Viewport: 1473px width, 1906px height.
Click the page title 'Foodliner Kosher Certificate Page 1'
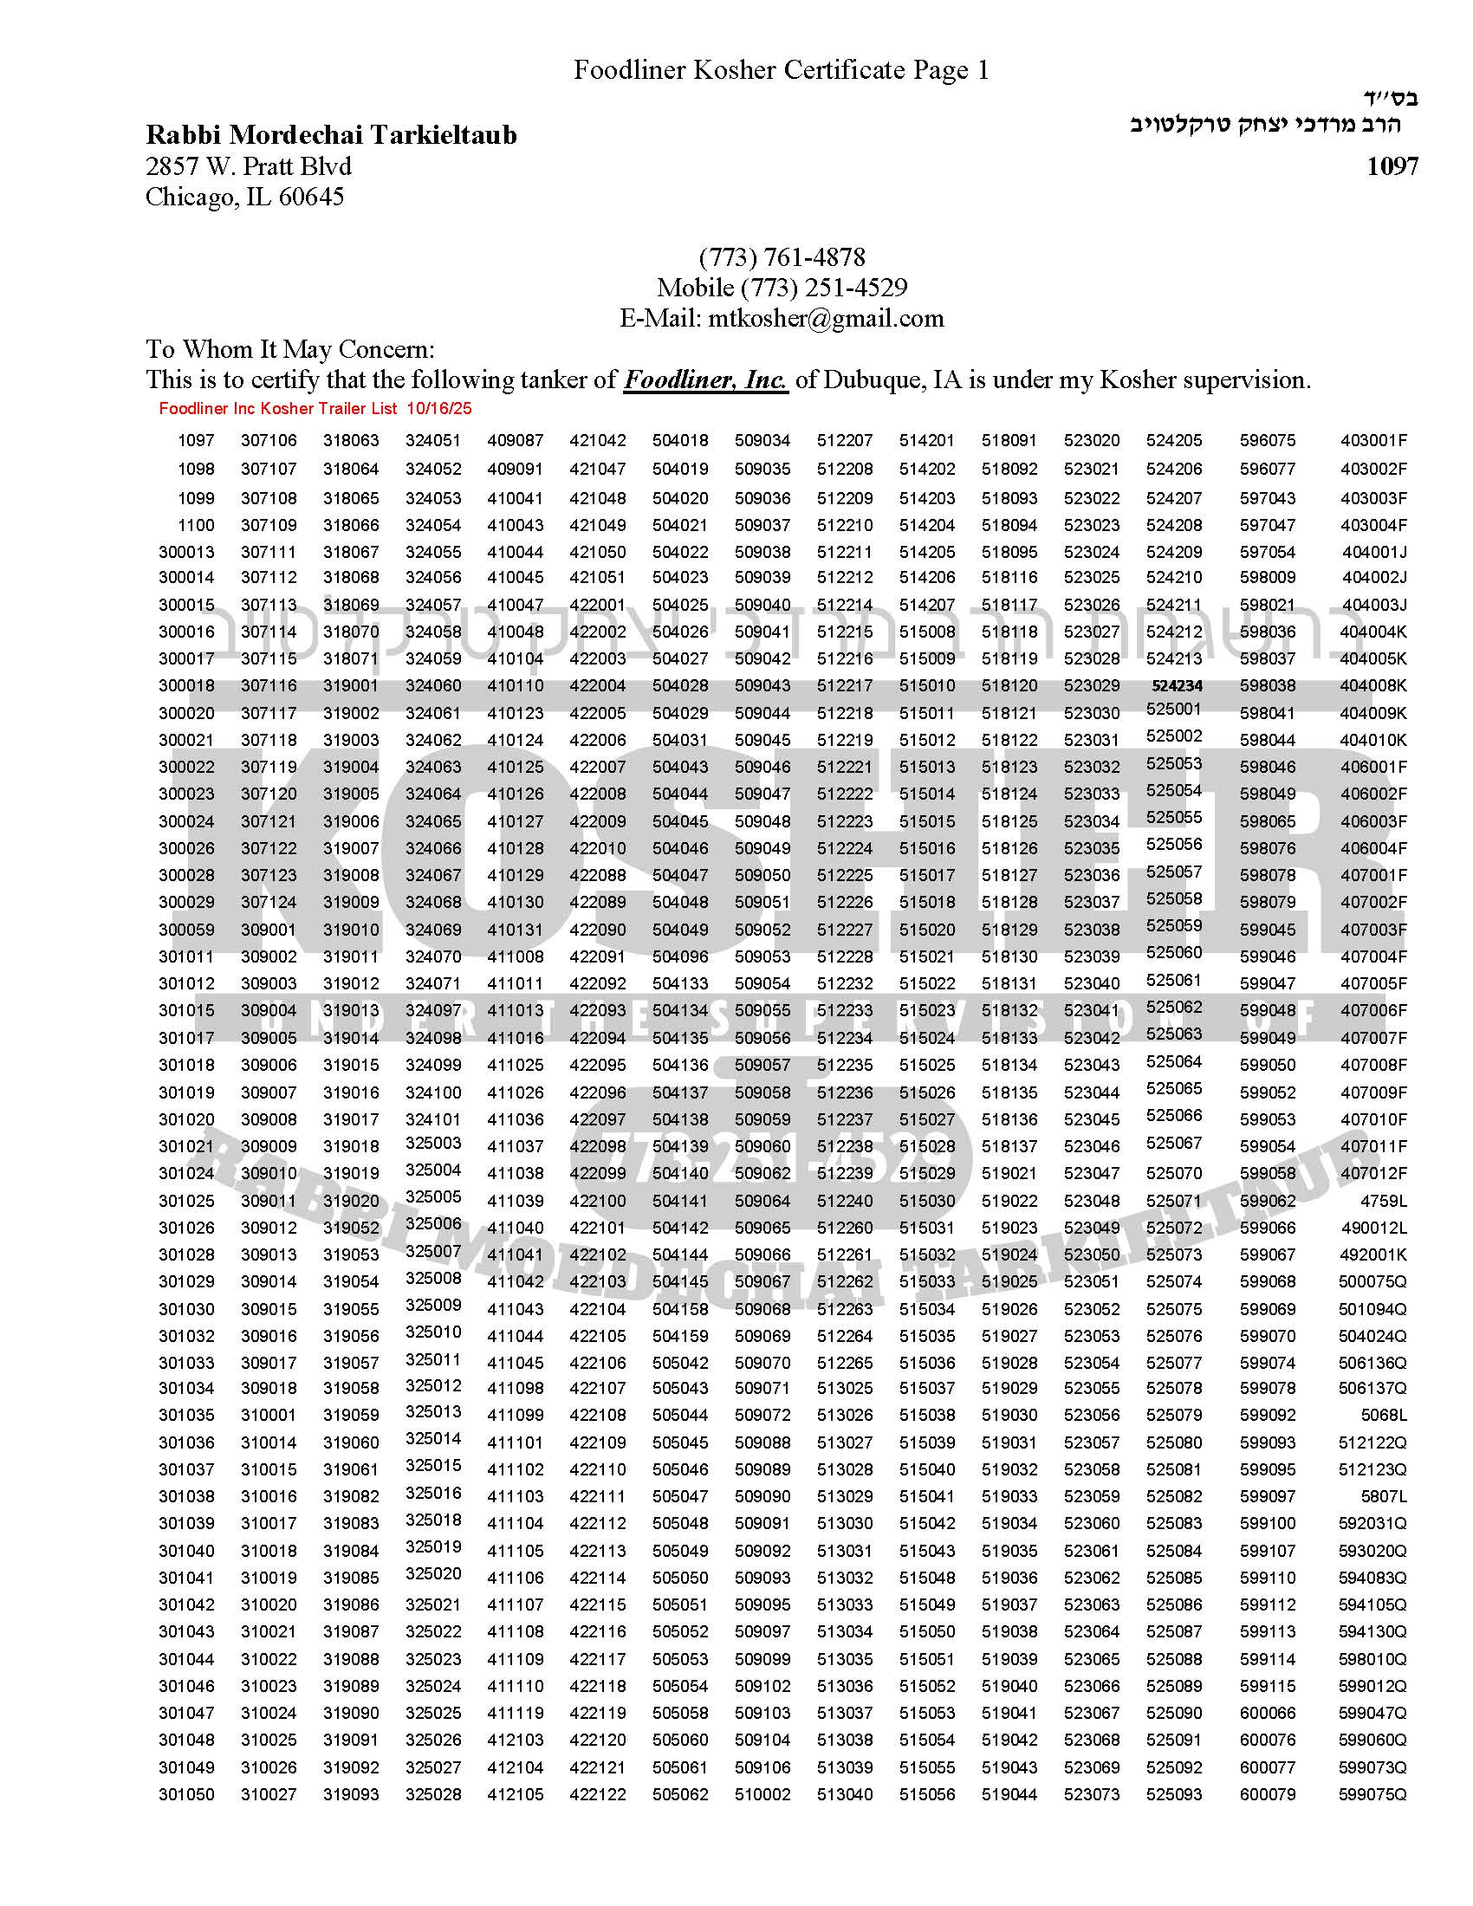(781, 70)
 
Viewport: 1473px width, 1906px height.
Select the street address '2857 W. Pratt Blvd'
(249, 165)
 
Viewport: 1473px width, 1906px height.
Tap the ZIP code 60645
(311, 198)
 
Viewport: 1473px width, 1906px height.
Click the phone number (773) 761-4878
(782, 257)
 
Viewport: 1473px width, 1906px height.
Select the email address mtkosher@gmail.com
(826, 318)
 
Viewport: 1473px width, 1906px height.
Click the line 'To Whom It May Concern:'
(289, 349)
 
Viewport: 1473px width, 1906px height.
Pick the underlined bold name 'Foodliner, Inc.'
(705, 379)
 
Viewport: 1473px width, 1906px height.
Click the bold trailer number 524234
(1178, 686)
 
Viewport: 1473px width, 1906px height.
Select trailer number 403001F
(1373, 441)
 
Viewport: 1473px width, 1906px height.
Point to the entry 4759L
(1384, 1201)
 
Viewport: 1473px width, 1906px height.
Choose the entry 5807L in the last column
(1384, 1497)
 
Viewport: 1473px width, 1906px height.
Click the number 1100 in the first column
(196, 525)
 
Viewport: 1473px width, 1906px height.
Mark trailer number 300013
(186, 553)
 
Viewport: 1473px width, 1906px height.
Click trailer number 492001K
(1372, 1255)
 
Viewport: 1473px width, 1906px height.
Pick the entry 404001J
(1374, 553)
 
